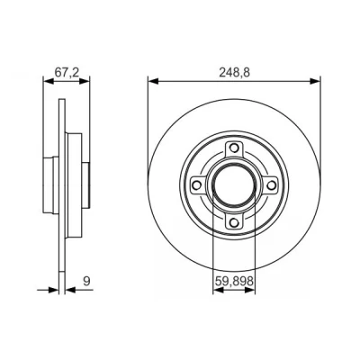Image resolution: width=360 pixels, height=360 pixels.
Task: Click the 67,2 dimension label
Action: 67,72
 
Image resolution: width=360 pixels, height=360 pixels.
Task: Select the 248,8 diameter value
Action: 234,73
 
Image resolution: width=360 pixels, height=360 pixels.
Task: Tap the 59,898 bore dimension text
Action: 234,282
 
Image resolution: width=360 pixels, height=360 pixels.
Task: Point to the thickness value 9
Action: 86,282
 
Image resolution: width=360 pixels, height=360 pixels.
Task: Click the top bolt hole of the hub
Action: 234,148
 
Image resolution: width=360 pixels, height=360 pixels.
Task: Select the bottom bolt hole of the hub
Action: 234,222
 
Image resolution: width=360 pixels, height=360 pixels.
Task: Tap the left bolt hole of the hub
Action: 196,185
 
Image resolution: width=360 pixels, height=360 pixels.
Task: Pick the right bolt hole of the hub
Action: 271,185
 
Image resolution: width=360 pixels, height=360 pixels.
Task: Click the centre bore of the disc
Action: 234,185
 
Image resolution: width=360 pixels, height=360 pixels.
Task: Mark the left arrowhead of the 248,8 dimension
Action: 153,81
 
